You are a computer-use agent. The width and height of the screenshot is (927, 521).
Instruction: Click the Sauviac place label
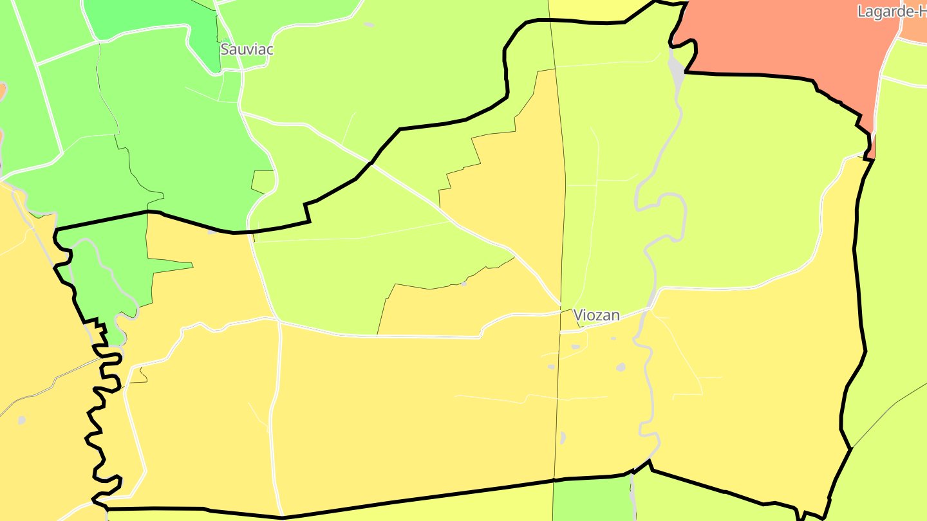click(x=247, y=50)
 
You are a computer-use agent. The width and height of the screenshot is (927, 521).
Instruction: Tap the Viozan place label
click(x=596, y=315)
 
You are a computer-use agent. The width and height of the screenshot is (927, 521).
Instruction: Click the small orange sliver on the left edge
click(x=3, y=90)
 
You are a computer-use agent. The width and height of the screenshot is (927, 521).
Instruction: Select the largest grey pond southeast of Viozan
click(x=621, y=367)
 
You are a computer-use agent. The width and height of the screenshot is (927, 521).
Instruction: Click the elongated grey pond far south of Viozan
click(x=563, y=437)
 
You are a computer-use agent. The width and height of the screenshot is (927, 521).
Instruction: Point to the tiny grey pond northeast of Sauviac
click(x=368, y=24)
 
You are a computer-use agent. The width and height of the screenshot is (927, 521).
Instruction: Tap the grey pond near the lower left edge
click(x=22, y=420)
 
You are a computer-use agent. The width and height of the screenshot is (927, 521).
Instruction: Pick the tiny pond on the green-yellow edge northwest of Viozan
click(x=464, y=283)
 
